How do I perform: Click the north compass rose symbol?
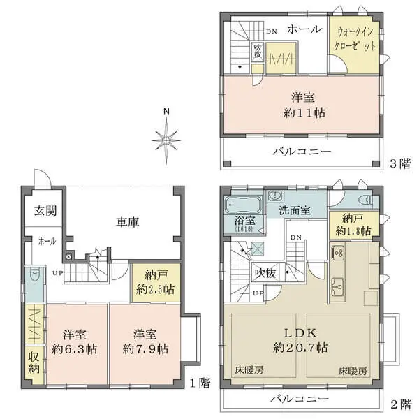point(166,140)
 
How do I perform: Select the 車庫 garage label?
point(127,222)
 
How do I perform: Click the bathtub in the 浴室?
point(242,207)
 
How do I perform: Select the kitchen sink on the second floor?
point(338,285)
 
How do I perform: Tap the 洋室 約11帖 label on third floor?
point(302,105)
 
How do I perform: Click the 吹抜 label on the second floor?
point(265,272)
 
